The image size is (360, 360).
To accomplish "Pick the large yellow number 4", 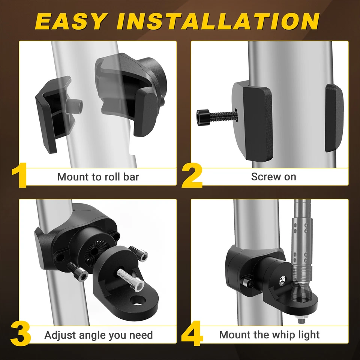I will (192, 334).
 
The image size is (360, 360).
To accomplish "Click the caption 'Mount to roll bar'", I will (98, 177).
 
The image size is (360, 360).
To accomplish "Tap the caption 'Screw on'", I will (273, 177).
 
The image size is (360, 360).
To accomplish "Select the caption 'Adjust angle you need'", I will (99, 335).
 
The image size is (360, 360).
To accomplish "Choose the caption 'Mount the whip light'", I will (269, 334).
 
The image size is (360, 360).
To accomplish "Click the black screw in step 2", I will (214, 116).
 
